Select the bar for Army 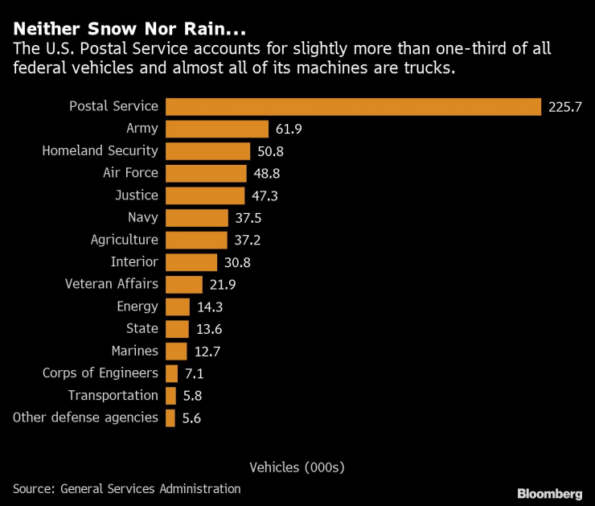click(x=216, y=129)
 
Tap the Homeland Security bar click(x=207, y=150)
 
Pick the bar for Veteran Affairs click(x=183, y=284)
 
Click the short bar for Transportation click(x=170, y=395)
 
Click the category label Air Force click(x=130, y=173)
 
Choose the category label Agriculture click(x=124, y=240)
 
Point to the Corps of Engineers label click(x=100, y=373)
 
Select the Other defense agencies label click(x=85, y=418)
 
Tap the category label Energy click(x=137, y=306)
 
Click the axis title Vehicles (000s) click(x=297, y=467)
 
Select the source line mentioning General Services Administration click(x=126, y=488)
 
